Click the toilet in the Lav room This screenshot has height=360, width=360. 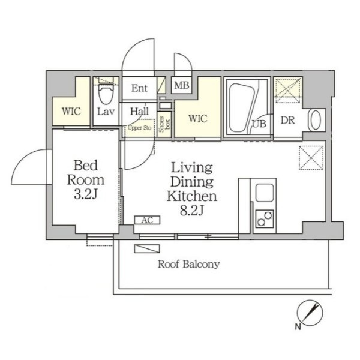tap(106, 91)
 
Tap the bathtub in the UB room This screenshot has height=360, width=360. tap(242, 108)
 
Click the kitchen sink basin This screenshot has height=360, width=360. tap(265, 193)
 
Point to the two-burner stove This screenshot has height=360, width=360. tap(265, 218)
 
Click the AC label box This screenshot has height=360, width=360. tap(147, 220)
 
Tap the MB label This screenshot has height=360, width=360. tap(182, 85)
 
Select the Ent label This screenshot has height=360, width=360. tap(139, 88)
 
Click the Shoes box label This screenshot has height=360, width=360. tap(164, 124)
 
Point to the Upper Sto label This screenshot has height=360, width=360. tap(139, 128)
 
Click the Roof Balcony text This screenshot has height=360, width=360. tap(189, 264)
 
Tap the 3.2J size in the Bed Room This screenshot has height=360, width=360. tap(86, 194)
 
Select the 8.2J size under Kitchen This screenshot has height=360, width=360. tap(192, 211)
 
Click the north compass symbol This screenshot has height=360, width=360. tap(310, 313)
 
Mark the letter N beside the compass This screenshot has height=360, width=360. tap(298, 326)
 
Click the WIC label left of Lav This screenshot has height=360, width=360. tap(71, 112)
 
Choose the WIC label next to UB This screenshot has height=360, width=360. tap(197, 118)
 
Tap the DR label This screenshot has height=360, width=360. tap(287, 121)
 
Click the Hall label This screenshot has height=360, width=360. tap(139, 112)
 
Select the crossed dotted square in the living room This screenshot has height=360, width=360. tap(311, 158)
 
